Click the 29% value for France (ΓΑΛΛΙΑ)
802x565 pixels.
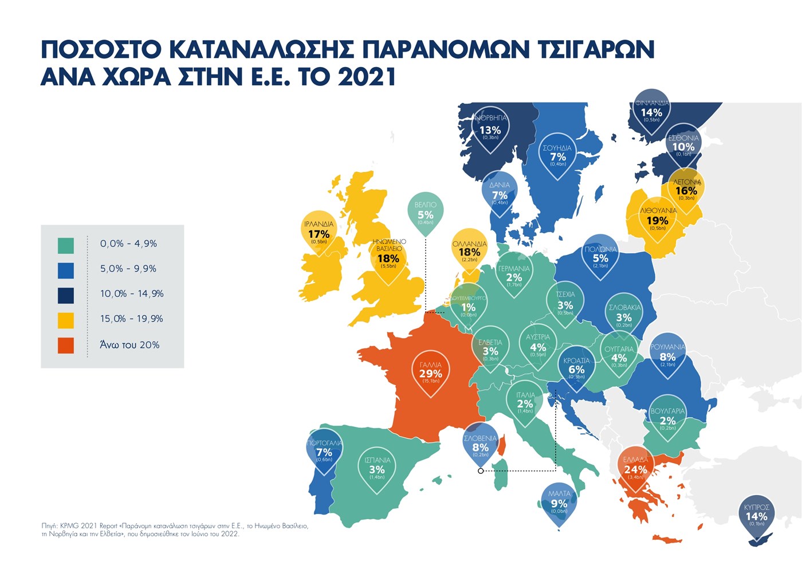pyautogui.click(x=430, y=374)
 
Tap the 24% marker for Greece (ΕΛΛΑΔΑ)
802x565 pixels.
pyautogui.click(x=635, y=469)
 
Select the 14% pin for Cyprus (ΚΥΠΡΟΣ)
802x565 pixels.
pyautogui.click(x=756, y=516)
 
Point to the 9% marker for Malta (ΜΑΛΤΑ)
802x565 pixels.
pyautogui.click(x=559, y=504)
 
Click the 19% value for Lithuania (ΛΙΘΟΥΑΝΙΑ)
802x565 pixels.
pyautogui.click(x=658, y=221)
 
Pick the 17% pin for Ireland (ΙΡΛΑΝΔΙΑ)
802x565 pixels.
pyautogui.click(x=319, y=234)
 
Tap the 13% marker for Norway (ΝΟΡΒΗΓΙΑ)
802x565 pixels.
pyautogui.click(x=490, y=130)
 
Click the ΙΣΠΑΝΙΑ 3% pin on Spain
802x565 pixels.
pyautogui.click(x=377, y=469)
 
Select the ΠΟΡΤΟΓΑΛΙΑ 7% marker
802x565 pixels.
pyautogui.click(x=324, y=452)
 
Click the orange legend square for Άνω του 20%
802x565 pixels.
pyautogui.click(x=66, y=346)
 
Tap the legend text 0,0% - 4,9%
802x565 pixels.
pyautogui.click(x=128, y=244)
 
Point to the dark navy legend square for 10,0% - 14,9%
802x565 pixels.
pyautogui.click(x=66, y=295)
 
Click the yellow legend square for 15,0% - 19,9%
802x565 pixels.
pyautogui.click(x=66, y=320)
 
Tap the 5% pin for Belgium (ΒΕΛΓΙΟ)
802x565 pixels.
pyautogui.click(x=426, y=215)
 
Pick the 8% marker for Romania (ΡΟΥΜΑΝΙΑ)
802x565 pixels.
pyautogui.click(x=667, y=357)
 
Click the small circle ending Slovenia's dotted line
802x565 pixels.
pyautogui.click(x=481, y=471)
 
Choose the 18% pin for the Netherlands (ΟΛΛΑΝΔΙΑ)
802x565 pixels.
pyautogui.click(x=469, y=252)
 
